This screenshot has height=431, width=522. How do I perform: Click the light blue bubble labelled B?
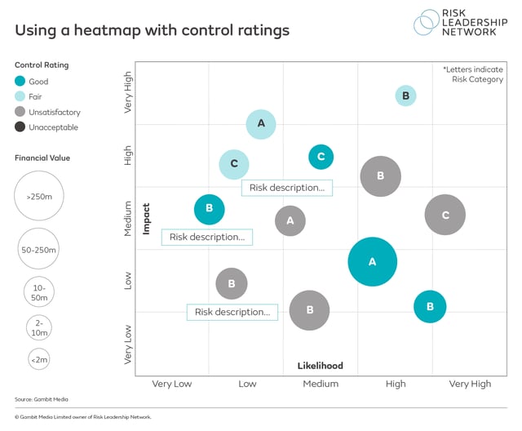pos(405,96)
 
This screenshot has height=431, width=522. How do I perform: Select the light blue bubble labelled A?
pos(261,124)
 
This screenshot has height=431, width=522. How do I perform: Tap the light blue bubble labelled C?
pos(234,163)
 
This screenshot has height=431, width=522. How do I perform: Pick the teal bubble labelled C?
pos(321,156)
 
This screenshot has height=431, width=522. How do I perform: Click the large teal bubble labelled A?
pos(372,262)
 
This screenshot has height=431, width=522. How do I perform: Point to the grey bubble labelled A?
pos(290,220)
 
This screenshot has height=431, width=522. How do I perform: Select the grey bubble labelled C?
pos(445,215)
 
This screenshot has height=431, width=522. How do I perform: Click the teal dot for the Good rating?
pos(20,82)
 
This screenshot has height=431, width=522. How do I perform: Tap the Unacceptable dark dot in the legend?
pos(20,127)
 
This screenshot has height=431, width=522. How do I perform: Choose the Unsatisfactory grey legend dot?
pos(20,112)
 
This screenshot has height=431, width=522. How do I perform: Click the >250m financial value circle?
pos(39,198)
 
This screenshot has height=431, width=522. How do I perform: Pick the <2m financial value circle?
pos(38,358)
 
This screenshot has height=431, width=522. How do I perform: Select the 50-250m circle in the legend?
pos(39,249)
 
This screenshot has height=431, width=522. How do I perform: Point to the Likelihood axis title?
pos(319,366)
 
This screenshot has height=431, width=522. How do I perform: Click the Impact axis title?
pos(147,219)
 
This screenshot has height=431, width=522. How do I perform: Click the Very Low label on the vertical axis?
pos(127,344)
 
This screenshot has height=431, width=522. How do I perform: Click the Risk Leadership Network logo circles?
pos(427,22)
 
